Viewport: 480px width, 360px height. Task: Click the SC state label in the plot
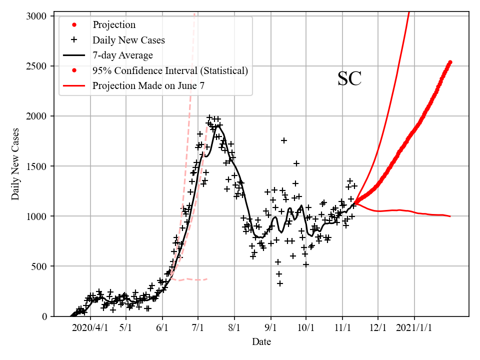[x=349, y=79]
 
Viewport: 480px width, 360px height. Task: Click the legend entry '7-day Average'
[x=122, y=55]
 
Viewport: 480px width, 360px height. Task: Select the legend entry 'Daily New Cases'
[x=128, y=39]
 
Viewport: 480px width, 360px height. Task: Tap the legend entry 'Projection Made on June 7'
[x=148, y=86]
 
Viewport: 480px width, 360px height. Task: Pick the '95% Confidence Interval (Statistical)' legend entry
[x=170, y=70]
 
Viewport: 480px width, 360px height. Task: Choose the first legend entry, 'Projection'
[x=114, y=24]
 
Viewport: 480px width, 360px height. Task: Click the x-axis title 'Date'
[x=261, y=342]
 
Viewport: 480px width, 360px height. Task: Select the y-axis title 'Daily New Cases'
[x=15, y=163]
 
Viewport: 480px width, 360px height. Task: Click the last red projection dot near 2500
[x=450, y=62]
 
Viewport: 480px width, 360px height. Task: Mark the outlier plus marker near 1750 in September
[x=284, y=140]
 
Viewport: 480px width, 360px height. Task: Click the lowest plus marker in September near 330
[x=280, y=283]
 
